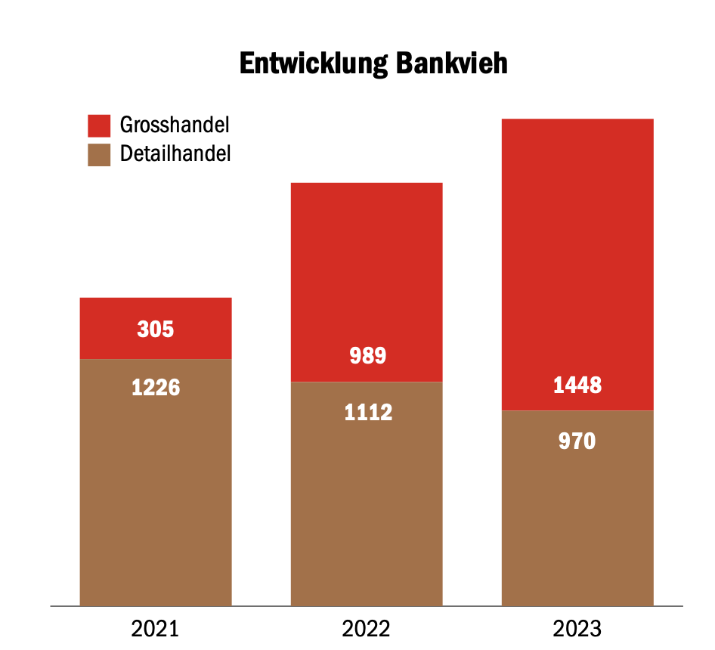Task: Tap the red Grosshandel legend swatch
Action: tap(99, 125)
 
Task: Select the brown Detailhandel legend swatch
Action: tap(99, 154)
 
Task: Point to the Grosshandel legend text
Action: tap(175, 125)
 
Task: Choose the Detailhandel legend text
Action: tap(175, 154)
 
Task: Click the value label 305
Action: tap(156, 330)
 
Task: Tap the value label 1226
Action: tap(156, 387)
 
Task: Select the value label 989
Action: tap(367, 355)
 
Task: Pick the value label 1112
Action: tap(367, 413)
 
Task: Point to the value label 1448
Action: tap(577, 385)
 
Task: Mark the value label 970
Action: tap(577, 441)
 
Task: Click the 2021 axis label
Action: tap(156, 629)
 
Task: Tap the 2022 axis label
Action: tap(367, 629)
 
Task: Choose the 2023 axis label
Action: tap(577, 629)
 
